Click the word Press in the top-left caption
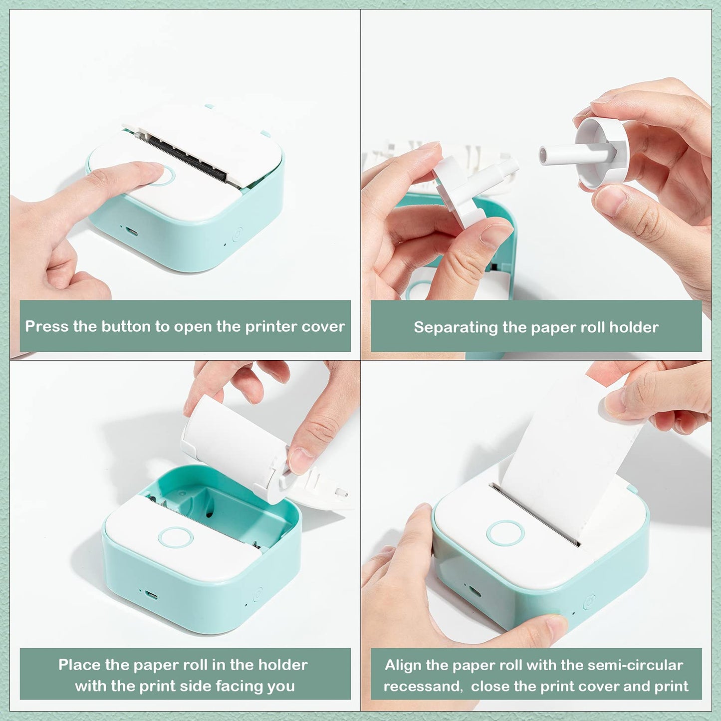pyautogui.click(x=47, y=326)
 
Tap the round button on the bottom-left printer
pyautogui.click(x=175, y=537)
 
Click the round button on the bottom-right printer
pyautogui.click(x=505, y=533)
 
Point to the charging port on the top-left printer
pyautogui.click(x=132, y=231)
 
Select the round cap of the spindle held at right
pyautogui.click(x=594, y=152)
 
